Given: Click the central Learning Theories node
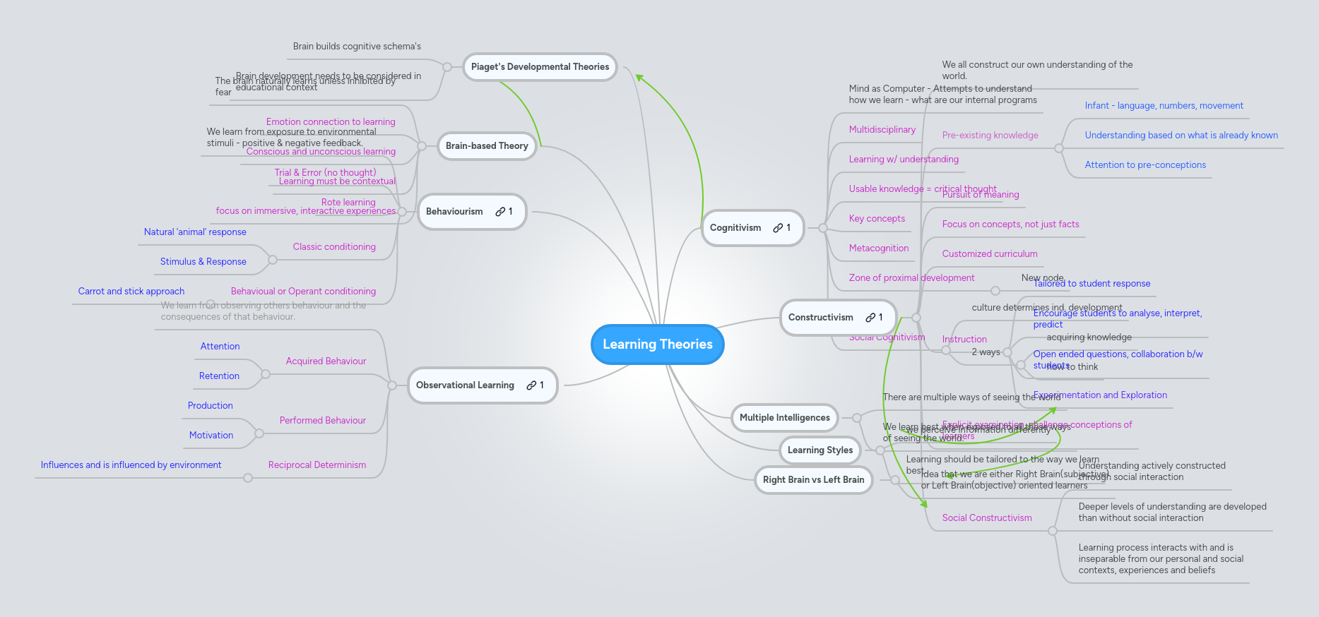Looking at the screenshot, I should point(657,345).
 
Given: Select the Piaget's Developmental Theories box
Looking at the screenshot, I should point(540,67).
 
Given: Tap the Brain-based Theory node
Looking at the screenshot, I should point(487,146).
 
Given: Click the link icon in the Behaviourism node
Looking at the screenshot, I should point(500,212).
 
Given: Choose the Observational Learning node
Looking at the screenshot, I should point(465,385).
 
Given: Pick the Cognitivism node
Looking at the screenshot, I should point(735,228).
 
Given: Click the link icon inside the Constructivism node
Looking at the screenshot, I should point(870,318).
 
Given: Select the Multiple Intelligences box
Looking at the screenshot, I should point(784,418).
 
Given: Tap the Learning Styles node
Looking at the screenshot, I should point(820,450).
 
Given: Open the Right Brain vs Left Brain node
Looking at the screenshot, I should point(813,480).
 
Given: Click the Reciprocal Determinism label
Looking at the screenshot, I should point(317,465).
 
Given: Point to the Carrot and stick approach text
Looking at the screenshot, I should point(131,292).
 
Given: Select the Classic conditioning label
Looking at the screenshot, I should point(334,247).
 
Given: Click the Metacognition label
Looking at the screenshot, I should point(878,248).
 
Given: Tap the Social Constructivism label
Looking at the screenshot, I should point(986,518).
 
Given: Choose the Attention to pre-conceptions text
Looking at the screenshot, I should point(1144,165).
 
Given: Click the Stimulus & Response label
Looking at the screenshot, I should point(203,262).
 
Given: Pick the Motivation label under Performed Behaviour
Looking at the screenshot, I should point(211,436).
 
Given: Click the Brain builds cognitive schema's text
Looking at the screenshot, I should point(357,47).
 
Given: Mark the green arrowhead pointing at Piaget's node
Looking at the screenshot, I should point(639,78).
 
